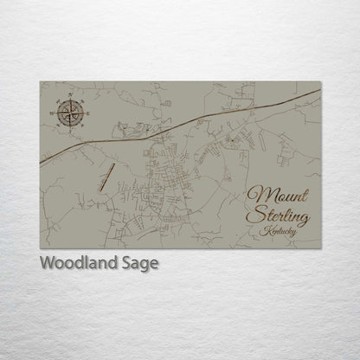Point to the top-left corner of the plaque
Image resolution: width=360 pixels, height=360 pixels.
pos(41,81)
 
